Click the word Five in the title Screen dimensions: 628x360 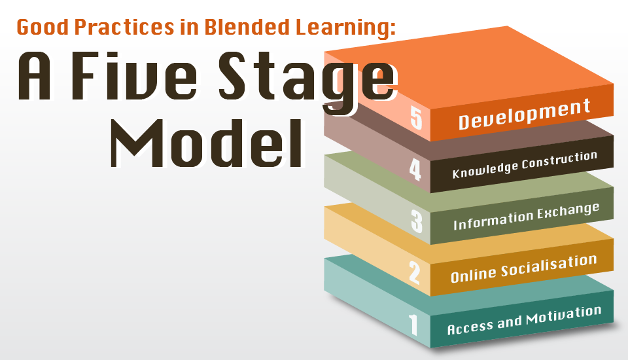[x=134, y=76]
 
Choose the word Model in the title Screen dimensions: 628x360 [x=207, y=143]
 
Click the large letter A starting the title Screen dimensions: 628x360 [x=35, y=76]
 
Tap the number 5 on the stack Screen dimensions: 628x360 [x=417, y=117]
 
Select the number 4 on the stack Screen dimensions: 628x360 [x=415, y=169]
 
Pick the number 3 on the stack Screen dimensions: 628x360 [x=417, y=221]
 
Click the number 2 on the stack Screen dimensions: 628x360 [x=415, y=272]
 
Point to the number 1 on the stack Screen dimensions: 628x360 [x=413, y=325]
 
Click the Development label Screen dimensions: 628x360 [x=524, y=115]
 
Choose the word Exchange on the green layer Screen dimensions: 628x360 [x=568, y=211]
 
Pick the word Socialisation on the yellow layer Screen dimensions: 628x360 [x=549, y=266]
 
